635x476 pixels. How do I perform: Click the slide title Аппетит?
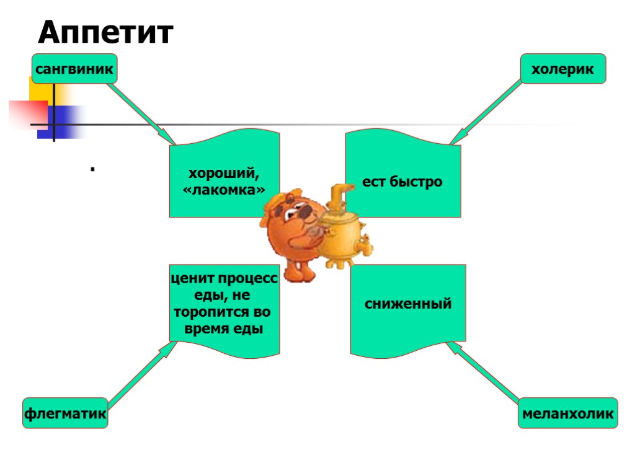tap(105, 33)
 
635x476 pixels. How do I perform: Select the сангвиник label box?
tap(74, 69)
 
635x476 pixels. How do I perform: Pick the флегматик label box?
tap(65, 412)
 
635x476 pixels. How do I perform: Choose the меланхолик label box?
tap(568, 413)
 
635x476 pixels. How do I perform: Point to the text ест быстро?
tap(402, 182)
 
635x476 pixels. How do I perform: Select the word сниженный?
tap(408, 304)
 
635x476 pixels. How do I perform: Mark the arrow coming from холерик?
tap(487, 112)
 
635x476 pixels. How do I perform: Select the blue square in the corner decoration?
tap(61, 121)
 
